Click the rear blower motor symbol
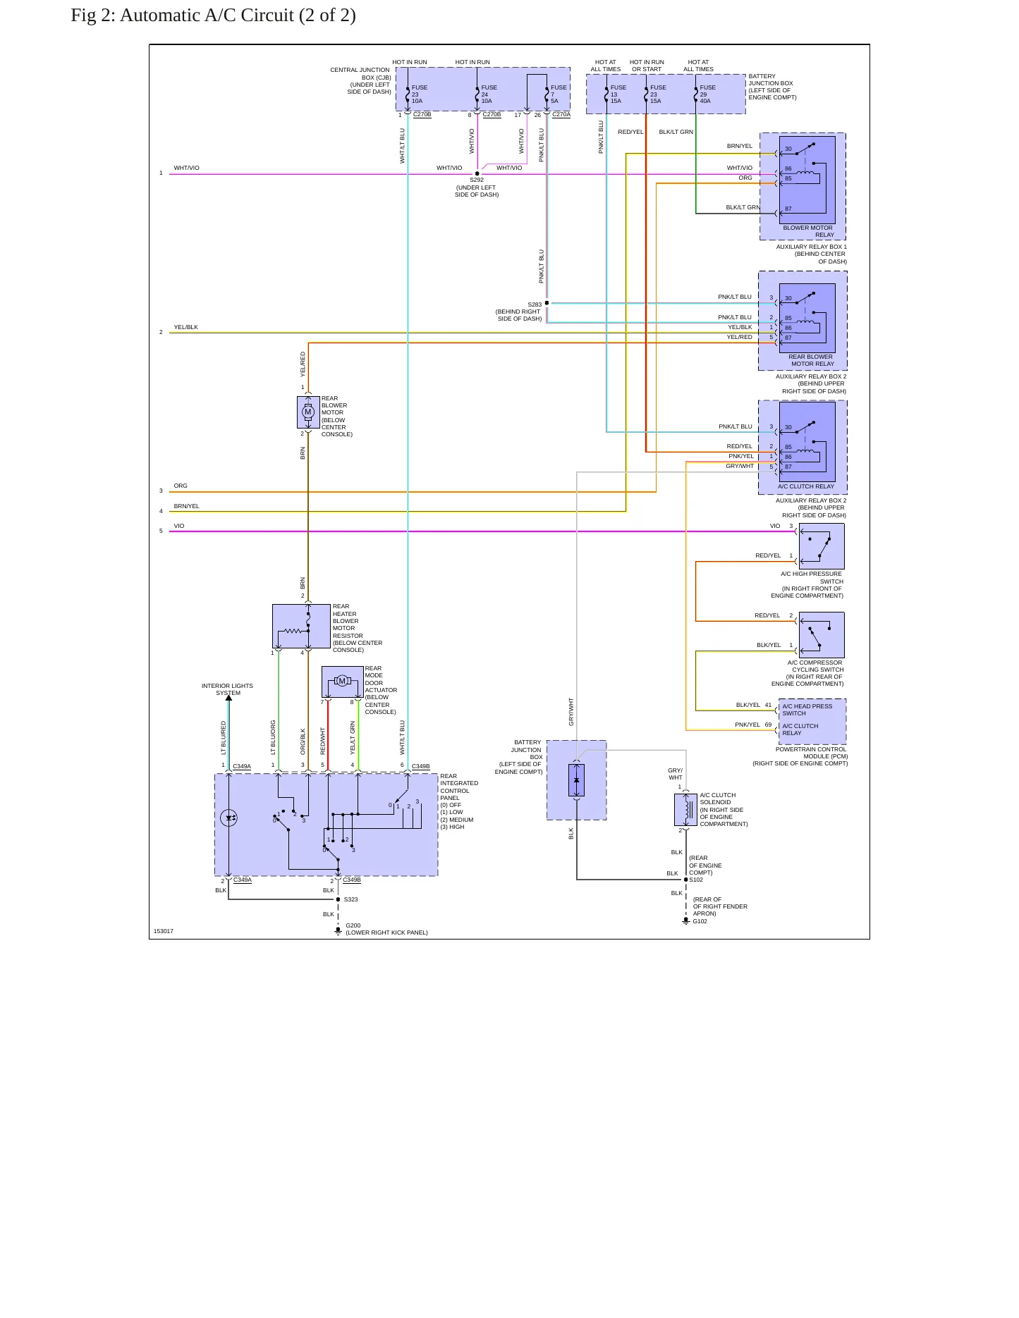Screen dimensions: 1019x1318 click(308, 412)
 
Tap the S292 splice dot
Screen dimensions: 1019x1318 click(477, 173)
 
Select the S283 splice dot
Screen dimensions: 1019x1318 click(547, 303)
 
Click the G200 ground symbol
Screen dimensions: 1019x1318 click(338, 931)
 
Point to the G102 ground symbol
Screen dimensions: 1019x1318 click(685, 920)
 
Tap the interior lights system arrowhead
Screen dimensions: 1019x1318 click(228, 698)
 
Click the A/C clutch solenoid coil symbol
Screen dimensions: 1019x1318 click(685, 810)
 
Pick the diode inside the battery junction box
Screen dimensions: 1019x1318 click(577, 780)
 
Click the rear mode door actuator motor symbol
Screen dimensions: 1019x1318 click(342, 681)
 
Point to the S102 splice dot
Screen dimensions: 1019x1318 click(685, 880)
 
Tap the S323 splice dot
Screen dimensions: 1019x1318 click(338, 899)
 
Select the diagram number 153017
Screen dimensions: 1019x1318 click(164, 931)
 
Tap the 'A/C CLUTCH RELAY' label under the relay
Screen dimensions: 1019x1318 click(806, 486)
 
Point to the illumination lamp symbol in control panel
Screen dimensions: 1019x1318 click(228, 818)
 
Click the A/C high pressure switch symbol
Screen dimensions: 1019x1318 click(822, 546)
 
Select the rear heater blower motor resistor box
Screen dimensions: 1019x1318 click(301, 626)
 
